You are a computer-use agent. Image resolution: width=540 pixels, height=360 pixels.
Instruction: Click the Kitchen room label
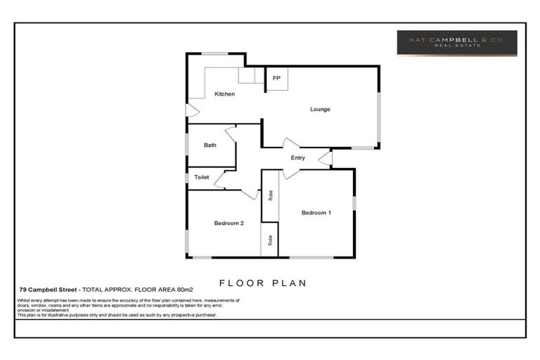(x=224, y=94)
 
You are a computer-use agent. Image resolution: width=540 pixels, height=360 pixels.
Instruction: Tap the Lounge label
(x=320, y=109)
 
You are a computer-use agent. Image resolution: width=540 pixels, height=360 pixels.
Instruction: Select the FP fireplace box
(x=276, y=79)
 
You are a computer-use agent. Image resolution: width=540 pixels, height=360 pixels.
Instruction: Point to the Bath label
(x=210, y=146)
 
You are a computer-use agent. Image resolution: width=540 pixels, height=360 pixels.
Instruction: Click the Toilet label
(x=202, y=177)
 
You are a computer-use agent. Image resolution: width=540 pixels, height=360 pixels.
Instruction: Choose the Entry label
(x=297, y=157)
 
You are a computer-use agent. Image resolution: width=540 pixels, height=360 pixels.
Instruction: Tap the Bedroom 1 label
(x=316, y=212)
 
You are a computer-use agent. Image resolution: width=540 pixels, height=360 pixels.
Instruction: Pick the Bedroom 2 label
(x=229, y=224)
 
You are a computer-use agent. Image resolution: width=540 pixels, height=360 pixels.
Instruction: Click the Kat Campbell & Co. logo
(x=456, y=42)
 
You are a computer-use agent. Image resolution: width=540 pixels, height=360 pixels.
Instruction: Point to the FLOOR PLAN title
(x=262, y=283)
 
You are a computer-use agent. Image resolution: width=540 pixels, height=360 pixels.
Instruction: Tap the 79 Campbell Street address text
(x=49, y=289)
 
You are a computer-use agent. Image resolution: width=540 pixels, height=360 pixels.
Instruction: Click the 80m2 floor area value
(x=184, y=289)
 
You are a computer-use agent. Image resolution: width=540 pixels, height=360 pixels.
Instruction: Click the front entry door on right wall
(x=326, y=158)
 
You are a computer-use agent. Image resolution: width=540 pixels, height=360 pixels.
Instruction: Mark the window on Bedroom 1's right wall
(x=354, y=202)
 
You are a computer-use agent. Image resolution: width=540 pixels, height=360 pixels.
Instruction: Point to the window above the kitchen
(x=214, y=53)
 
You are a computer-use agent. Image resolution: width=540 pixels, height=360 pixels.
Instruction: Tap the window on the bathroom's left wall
(x=187, y=144)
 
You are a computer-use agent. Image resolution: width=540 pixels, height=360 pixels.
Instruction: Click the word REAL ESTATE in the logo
(x=456, y=47)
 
